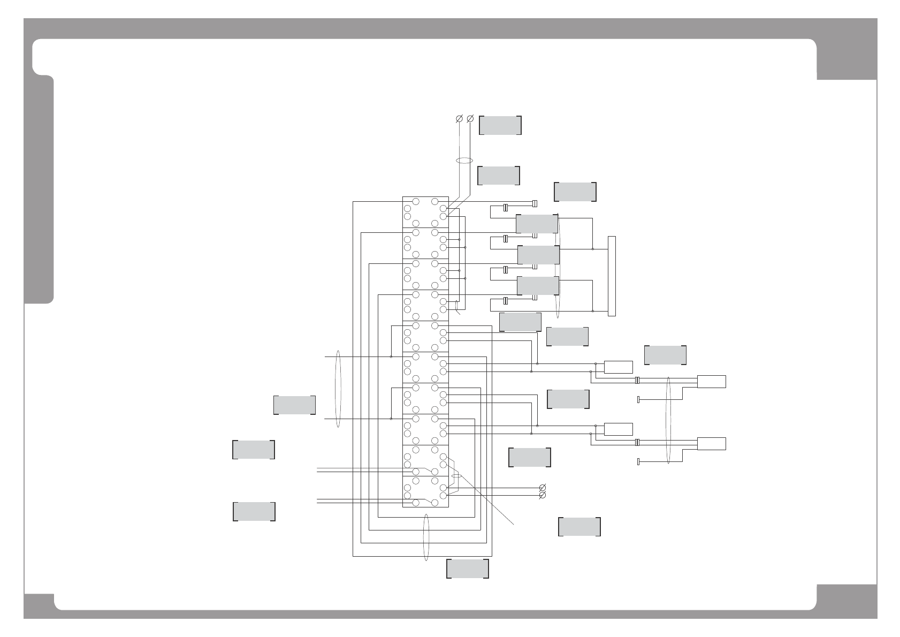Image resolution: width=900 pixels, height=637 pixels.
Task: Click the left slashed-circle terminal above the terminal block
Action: tap(459, 118)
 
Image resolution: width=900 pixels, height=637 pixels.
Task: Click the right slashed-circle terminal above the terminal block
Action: tap(470, 118)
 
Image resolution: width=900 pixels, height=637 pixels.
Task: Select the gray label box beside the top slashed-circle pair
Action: tap(500, 125)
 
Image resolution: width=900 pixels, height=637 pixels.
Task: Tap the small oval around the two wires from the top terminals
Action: tap(464, 161)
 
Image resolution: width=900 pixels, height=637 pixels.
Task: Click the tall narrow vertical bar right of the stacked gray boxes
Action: tap(612, 276)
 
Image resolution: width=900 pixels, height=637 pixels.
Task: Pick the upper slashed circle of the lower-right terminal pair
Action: tap(543, 488)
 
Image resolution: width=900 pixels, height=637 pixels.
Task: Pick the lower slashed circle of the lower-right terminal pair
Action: tap(543, 495)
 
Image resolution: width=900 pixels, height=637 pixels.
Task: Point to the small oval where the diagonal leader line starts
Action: tap(456, 475)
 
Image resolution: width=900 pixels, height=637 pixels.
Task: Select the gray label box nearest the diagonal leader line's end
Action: tap(579, 527)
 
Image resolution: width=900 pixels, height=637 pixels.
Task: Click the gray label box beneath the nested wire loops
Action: tap(468, 568)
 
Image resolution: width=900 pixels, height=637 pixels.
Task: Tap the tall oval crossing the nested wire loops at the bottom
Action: tap(426, 537)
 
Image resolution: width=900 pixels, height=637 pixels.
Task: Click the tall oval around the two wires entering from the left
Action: tap(338, 389)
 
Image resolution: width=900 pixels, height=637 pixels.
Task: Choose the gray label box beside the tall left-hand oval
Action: tap(294, 405)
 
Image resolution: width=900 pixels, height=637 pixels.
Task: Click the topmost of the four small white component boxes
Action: tap(618, 367)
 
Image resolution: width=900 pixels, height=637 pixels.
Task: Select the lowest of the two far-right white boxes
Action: tap(711, 444)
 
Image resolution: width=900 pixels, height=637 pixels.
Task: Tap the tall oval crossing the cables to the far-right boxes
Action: tap(668, 421)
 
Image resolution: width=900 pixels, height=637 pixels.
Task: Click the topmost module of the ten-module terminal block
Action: tap(425, 212)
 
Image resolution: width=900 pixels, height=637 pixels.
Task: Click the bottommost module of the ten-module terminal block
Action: tap(425, 491)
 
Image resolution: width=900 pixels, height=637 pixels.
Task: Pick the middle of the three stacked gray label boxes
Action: tap(538, 255)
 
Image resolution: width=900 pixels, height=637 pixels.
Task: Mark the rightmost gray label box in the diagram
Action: tap(665, 355)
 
